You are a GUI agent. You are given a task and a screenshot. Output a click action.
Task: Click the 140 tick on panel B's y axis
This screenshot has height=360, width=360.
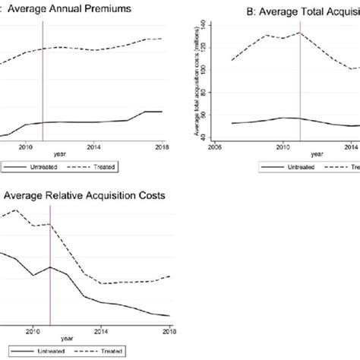(210, 26)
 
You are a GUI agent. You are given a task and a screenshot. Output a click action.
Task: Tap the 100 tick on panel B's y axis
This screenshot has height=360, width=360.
(210, 74)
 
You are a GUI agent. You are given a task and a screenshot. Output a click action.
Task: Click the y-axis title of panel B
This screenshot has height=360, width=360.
(199, 79)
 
